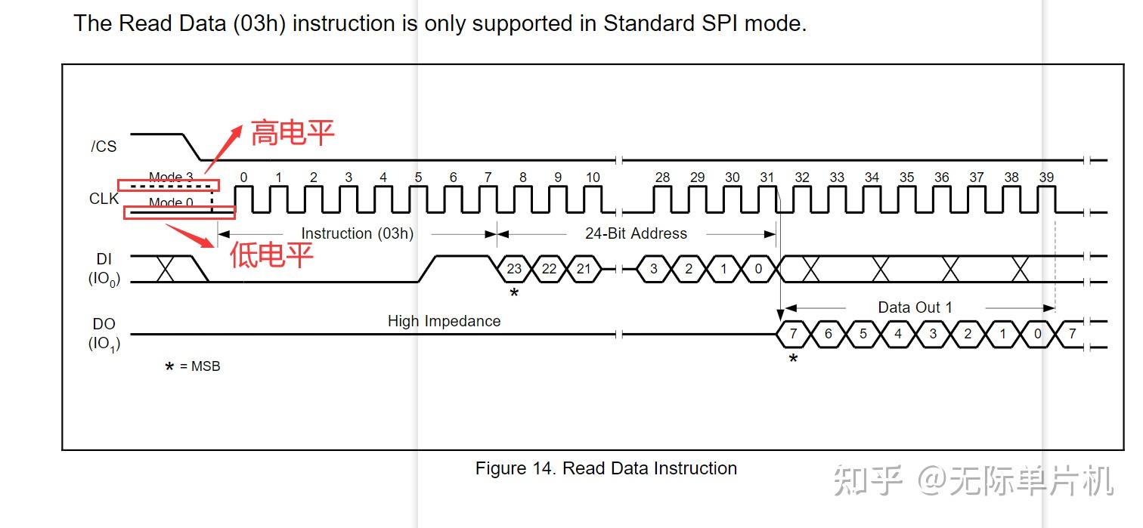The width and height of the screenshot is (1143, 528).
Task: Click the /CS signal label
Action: [104, 147]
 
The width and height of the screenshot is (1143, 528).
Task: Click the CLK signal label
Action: [104, 199]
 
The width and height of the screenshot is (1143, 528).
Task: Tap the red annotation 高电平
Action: [293, 134]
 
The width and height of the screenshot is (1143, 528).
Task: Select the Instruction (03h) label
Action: [357, 233]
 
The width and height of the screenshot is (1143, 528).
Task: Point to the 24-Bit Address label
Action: [636, 233]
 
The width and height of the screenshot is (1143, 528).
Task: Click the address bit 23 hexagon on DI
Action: [514, 269]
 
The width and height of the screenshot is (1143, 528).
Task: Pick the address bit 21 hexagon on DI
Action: [584, 269]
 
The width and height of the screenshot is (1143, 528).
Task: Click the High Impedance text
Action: [444, 321]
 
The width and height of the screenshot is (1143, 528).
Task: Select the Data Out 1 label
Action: [915, 307]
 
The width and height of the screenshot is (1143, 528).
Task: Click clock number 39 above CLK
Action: [1046, 178]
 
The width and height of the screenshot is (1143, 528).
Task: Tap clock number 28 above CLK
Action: [662, 178]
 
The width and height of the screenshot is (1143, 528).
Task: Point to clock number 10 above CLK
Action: [593, 178]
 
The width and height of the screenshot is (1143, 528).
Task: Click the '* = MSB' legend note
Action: [193, 367]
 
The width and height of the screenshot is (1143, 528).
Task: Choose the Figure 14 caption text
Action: [606, 468]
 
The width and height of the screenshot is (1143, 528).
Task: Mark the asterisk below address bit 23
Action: [514, 292]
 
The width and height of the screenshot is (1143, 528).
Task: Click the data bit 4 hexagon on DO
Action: [897, 334]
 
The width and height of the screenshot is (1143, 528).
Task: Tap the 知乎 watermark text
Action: [869, 481]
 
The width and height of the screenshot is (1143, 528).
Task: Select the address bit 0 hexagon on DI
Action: [758, 269]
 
